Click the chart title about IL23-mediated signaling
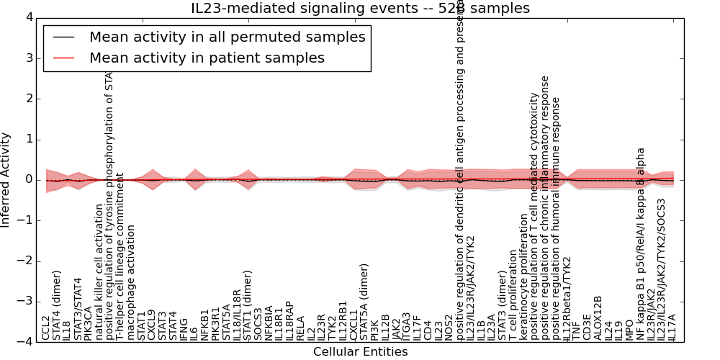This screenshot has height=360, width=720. pos(360,9)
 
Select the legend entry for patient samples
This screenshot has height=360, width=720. pos(207,58)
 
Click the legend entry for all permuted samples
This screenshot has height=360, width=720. pos(227,37)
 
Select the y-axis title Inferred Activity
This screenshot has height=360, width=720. pos(6,179)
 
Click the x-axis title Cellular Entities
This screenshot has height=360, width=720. pos(360,351)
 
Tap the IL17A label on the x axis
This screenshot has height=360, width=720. pos(672,326)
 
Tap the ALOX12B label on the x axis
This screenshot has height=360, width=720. pos(598,318)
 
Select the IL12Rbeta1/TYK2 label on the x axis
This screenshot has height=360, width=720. pos(567,298)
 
